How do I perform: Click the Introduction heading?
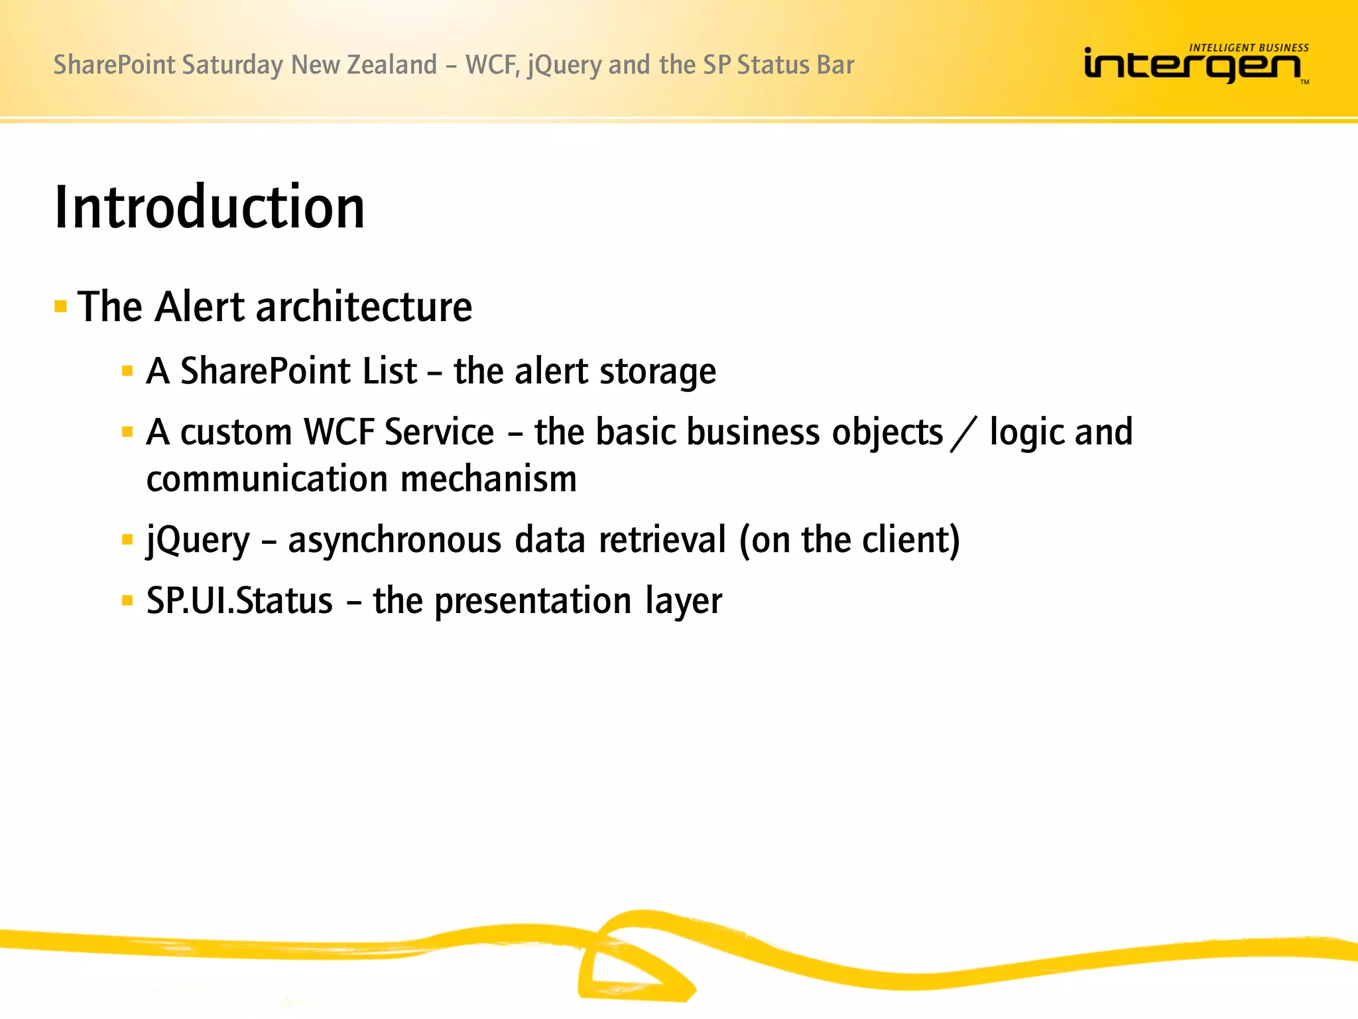[210, 208]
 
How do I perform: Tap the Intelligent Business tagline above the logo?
[1249, 48]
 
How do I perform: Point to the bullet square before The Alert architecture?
[61, 306]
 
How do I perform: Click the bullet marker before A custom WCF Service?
[127, 433]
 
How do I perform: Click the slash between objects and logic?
[963, 434]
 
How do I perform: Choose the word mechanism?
[489, 479]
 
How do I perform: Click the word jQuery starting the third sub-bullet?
[198, 541]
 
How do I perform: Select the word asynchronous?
[395, 540]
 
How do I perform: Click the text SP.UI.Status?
[239, 601]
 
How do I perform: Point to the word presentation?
[532, 602]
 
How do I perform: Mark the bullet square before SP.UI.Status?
[127, 601]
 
